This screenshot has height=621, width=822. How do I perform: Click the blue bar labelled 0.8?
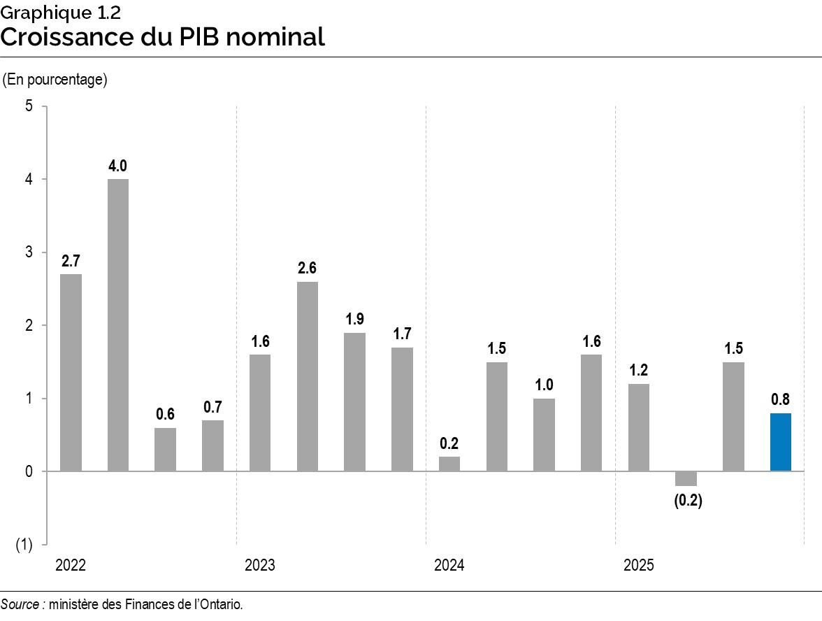pos(780,442)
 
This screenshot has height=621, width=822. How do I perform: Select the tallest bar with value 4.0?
pos(117,325)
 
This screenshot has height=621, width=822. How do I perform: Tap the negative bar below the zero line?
pos(686,478)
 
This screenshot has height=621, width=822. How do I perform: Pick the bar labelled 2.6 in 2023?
pos(307,376)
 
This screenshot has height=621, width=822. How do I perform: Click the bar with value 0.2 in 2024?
pos(449,464)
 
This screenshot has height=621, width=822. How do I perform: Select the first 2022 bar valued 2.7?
pos(71,372)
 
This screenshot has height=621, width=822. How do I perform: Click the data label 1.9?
pos(354,319)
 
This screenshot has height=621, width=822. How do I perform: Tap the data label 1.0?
pos(544,385)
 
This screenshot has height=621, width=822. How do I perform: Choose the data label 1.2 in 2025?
pos(638,370)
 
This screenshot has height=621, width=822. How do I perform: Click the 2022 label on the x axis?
pos(70,565)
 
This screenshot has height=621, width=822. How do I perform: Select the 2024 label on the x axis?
pos(449,565)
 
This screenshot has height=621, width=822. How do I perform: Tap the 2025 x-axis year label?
pos(638,565)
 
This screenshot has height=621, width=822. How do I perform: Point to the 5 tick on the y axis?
pos(29,106)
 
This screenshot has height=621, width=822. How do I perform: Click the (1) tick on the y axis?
pos(24,545)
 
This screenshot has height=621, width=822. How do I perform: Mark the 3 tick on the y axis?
pos(29,252)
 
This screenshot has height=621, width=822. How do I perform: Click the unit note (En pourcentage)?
pos(55,80)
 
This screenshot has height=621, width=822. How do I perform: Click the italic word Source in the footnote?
pos(20,604)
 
